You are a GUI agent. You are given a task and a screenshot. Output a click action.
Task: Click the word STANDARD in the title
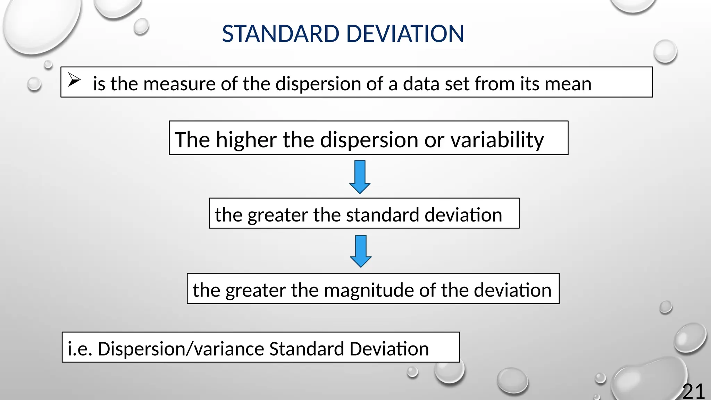point(280,34)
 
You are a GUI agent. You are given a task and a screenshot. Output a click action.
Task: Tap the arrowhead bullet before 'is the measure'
point(74,80)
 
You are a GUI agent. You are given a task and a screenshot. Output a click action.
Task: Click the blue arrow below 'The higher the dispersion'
point(360,177)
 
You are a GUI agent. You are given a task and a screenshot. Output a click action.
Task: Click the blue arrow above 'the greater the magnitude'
point(361,251)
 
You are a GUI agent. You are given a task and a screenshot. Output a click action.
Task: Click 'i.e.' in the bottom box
point(80,349)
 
